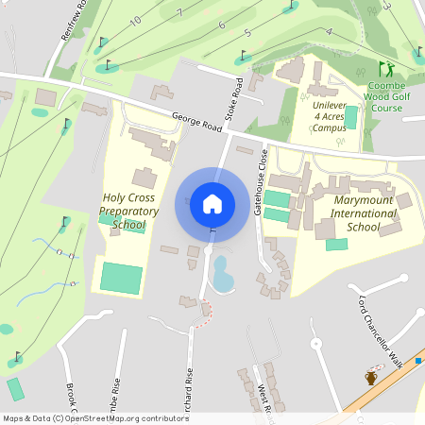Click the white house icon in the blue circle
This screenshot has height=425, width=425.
pos(212,203)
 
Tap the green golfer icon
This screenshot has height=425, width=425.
pos(385,69)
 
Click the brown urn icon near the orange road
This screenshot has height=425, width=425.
pos(371,378)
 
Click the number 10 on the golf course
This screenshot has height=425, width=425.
pos(136,20)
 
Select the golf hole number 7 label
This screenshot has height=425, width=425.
pos(178,13)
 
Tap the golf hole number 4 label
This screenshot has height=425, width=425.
pos(329,31)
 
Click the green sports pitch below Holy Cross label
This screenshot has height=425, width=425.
pos(121,279)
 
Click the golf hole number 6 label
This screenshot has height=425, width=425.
pos(221,25)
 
